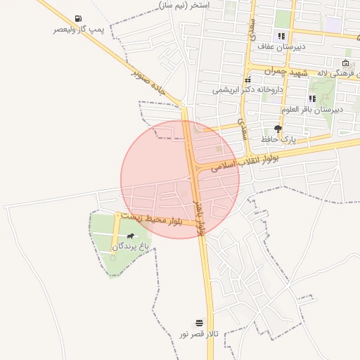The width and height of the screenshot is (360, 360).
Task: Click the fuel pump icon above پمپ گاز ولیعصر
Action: (77, 19)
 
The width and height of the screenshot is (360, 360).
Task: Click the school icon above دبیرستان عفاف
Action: (281, 36)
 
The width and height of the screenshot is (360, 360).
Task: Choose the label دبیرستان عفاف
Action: (281, 46)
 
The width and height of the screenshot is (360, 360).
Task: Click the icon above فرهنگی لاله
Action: (345, 63)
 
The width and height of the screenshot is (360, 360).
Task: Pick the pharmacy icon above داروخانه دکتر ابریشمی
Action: (247, 79)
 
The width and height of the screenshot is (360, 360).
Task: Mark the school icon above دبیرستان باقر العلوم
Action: (311, 99)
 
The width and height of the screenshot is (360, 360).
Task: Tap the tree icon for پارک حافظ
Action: (278, 129)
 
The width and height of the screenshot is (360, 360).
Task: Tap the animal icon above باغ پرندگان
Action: (130, 236)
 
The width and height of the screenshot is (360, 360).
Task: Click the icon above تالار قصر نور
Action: (199, 321)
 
